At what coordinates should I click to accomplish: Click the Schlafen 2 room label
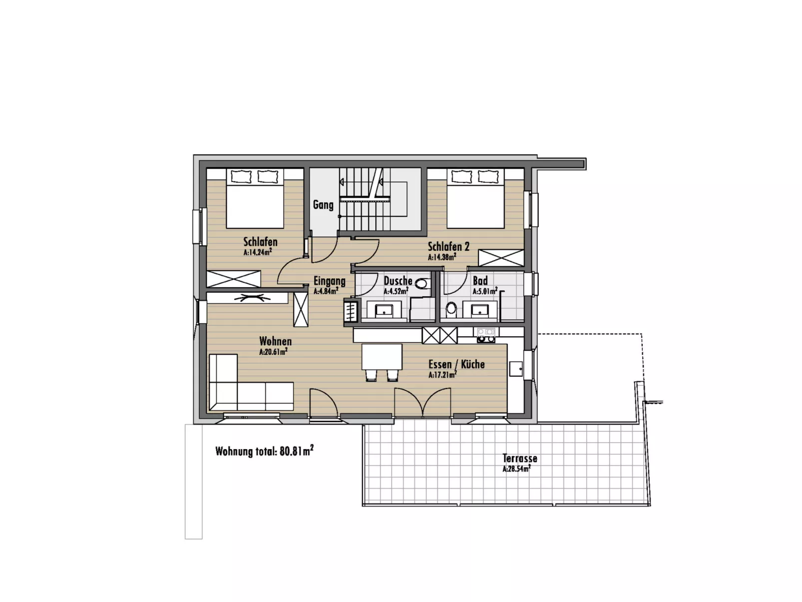coord(448,246)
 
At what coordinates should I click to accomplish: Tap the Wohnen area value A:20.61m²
coord(273,352)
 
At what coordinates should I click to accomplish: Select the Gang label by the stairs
coord(323,205)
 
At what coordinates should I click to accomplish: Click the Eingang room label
coord(329,281)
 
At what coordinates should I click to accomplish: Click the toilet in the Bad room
coord(451,309)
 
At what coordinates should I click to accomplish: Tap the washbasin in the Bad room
coord(480,310)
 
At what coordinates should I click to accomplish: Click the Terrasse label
coord(519,458)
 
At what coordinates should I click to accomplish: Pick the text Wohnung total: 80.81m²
coord(265,451)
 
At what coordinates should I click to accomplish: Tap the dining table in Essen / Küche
coord(382,357)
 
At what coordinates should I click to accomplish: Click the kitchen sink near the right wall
coord(516,369)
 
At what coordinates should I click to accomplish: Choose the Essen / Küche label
coord(456,364)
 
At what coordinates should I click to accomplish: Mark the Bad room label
coord(480,281)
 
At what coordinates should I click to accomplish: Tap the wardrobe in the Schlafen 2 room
coord(501,258)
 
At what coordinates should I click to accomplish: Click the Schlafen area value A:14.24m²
coord(258,252)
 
